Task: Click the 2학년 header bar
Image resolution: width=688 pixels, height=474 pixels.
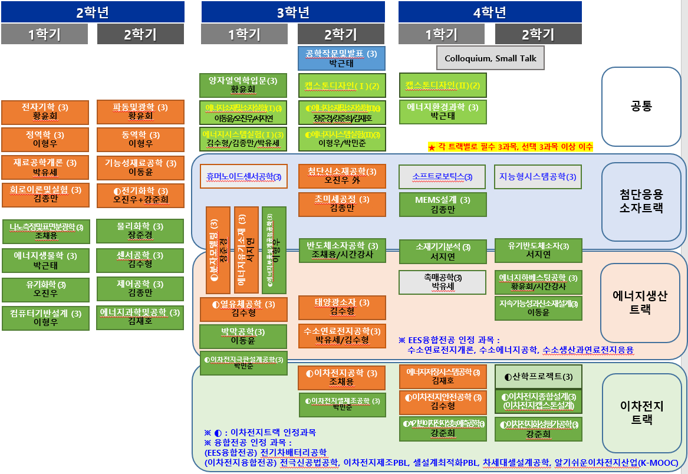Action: tap(93, 12)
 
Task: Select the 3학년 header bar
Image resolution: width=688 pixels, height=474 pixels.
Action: tap(293, 12)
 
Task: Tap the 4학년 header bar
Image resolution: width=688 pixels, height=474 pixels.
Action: tap(490, 12)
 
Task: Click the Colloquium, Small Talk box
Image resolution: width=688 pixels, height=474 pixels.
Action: tap(491, 58)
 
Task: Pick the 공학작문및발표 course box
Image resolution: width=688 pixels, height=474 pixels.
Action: tap(341, 58)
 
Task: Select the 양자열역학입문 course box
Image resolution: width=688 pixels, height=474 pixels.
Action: tap(243, 85)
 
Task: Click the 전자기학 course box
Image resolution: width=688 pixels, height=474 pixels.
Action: tap(45, 112)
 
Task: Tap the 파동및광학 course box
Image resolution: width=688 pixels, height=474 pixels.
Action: tap(140, 112)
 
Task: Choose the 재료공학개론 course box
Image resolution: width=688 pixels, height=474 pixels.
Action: tap(46, 167)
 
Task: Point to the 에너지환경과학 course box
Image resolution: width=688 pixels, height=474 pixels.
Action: tap(443, 112)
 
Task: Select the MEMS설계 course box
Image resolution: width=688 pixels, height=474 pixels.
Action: tap(443, 205)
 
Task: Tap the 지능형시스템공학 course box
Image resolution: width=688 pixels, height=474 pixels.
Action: tap(538, 176)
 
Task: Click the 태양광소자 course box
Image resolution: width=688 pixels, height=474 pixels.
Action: tap(342, 307)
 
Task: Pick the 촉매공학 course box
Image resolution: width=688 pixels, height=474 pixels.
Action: tap(443, 282)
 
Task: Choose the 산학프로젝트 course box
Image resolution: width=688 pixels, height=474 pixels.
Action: tap(538, 377)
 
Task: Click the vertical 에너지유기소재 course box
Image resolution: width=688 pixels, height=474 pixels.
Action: tap(246, 249)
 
